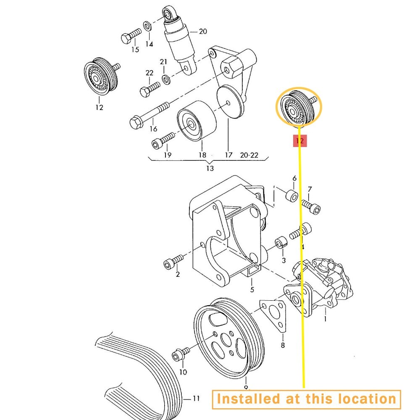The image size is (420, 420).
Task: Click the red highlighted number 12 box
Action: [300, 141]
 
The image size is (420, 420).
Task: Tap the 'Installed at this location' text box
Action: [306, 399]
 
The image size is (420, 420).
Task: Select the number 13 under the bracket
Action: [210, 168]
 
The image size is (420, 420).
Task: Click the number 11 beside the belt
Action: [197, 398]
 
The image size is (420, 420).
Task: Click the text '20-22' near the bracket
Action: [249, 155]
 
